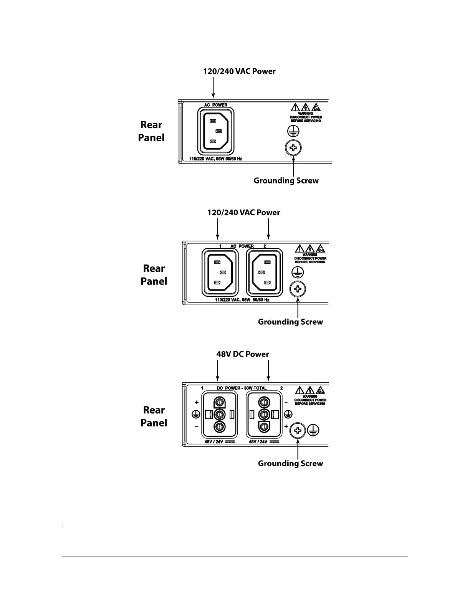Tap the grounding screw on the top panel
click(x=293, y=148)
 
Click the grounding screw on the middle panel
click(x=298, y=289)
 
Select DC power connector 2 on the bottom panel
click(x=264, y=415)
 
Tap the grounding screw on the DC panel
click(x=298, y=430)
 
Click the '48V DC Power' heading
click(x=243, y=354)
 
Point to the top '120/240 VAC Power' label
click(x=239, y=71)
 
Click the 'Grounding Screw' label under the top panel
click(x=286, y=180)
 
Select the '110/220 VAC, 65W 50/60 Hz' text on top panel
click(x=216, y=159)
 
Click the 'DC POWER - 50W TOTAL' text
click(x=242, y=388)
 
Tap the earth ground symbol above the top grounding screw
click(x=293, y=131)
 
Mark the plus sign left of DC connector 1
click(x=197, y=402)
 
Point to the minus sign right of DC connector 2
click(x=286, y=403)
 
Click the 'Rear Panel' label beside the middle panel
click(x=154, y=275)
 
